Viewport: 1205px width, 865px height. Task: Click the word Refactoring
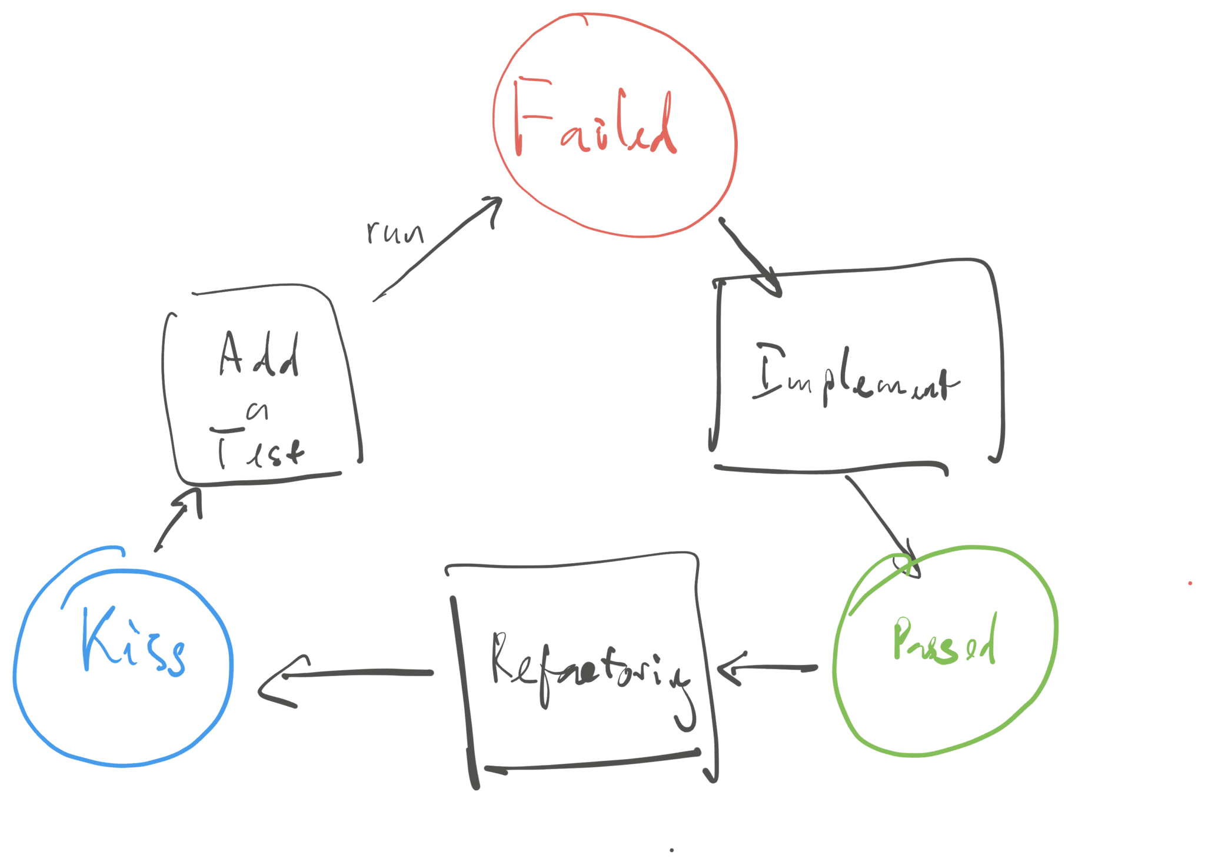click(x=588, y=668)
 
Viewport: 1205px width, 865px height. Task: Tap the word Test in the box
click(x=259, y=450)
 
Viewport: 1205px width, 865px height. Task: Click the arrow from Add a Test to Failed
click(x=435, y=250)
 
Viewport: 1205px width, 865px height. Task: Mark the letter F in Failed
click(x=530, y=118)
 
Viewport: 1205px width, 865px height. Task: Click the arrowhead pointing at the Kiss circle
click(x=271, y=683)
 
